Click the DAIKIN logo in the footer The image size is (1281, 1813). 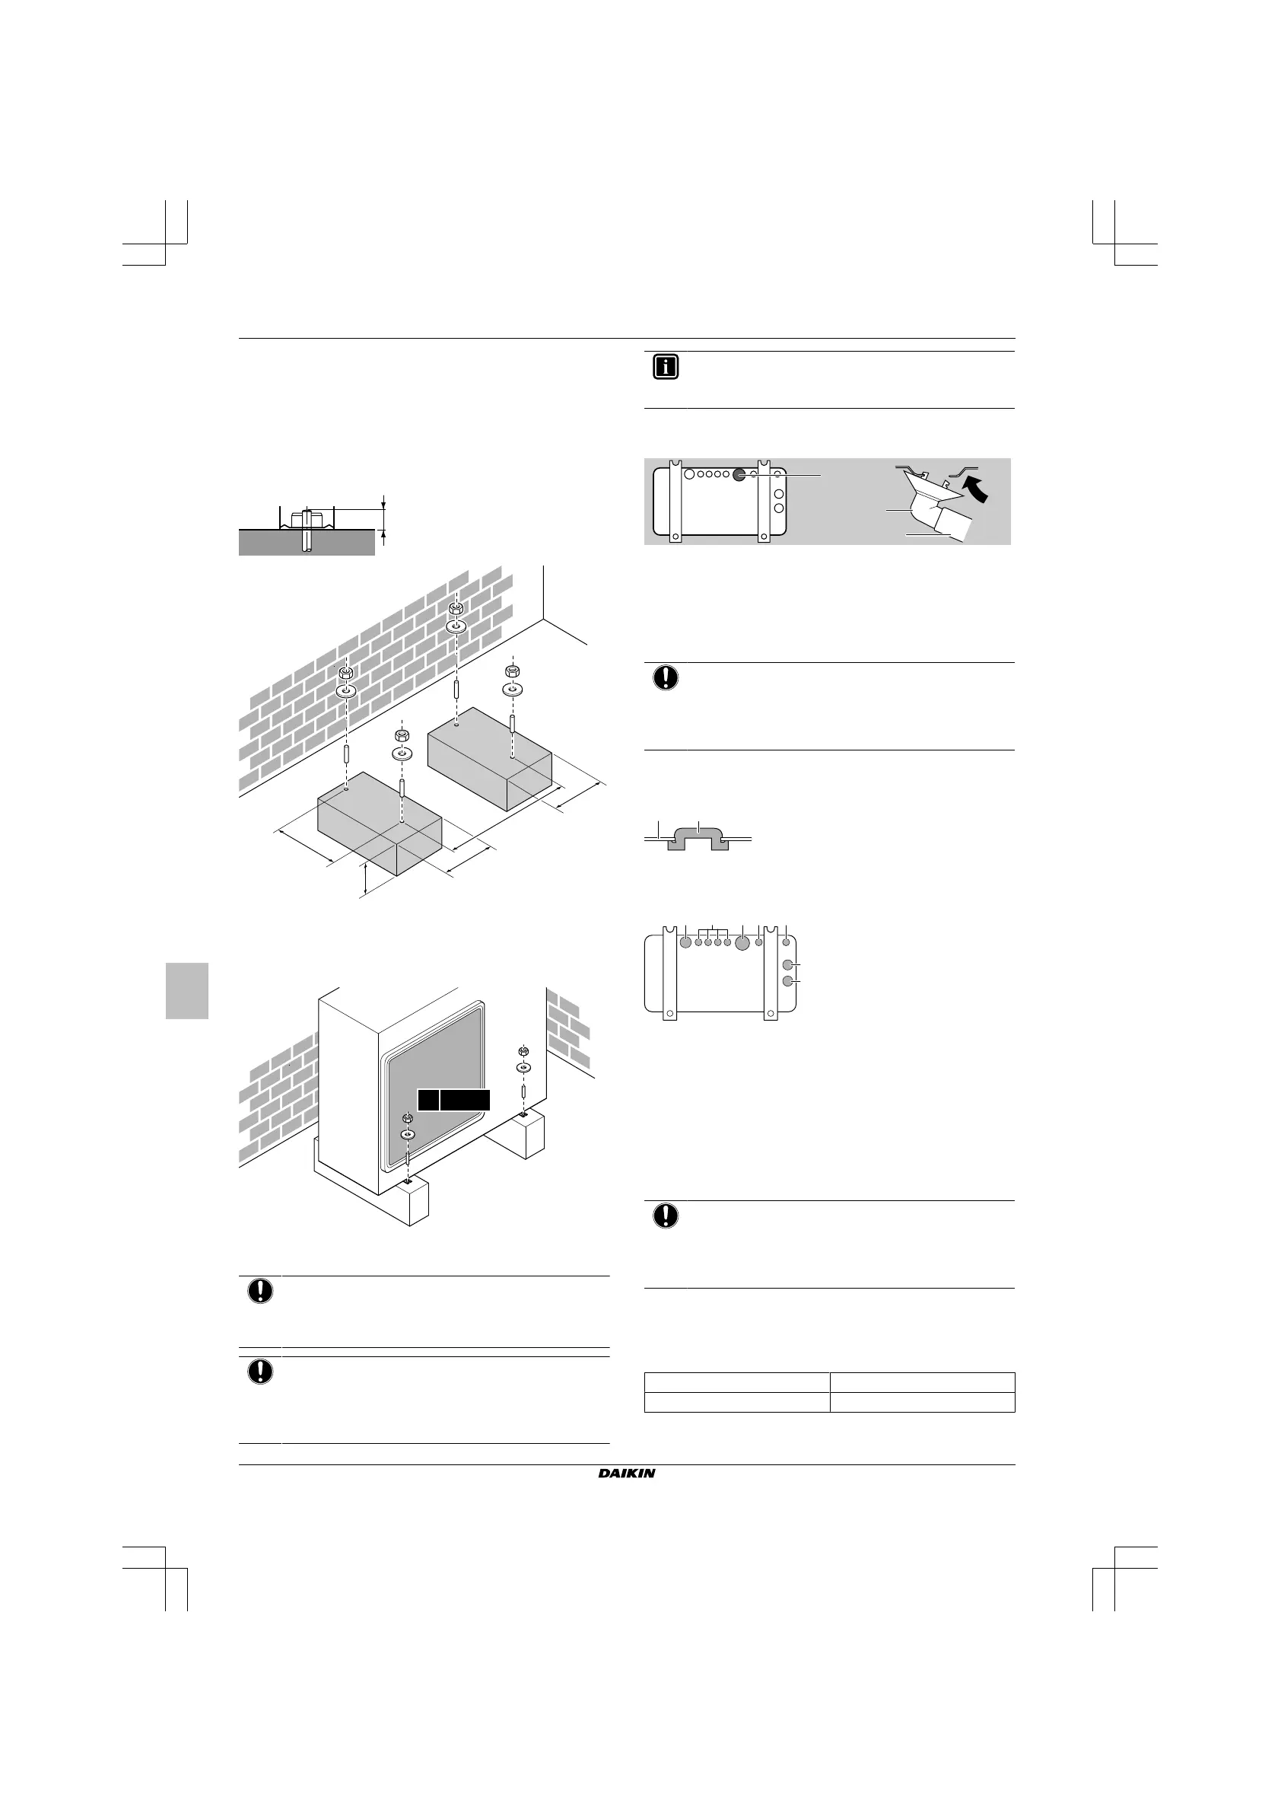point(625,1474)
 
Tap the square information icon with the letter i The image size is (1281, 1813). point(666,367)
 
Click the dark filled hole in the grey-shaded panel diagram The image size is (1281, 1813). point(739,475)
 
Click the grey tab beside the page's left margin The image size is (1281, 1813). point(187,990)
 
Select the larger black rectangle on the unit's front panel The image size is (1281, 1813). point(465,1100)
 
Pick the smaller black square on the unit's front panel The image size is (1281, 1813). point(428,1100)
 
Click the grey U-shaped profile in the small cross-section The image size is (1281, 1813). point(697,837)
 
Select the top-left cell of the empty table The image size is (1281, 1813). point(736,1382)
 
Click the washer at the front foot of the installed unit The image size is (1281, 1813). point(407,1135)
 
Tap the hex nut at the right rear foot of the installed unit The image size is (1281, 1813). point(523,1051)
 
